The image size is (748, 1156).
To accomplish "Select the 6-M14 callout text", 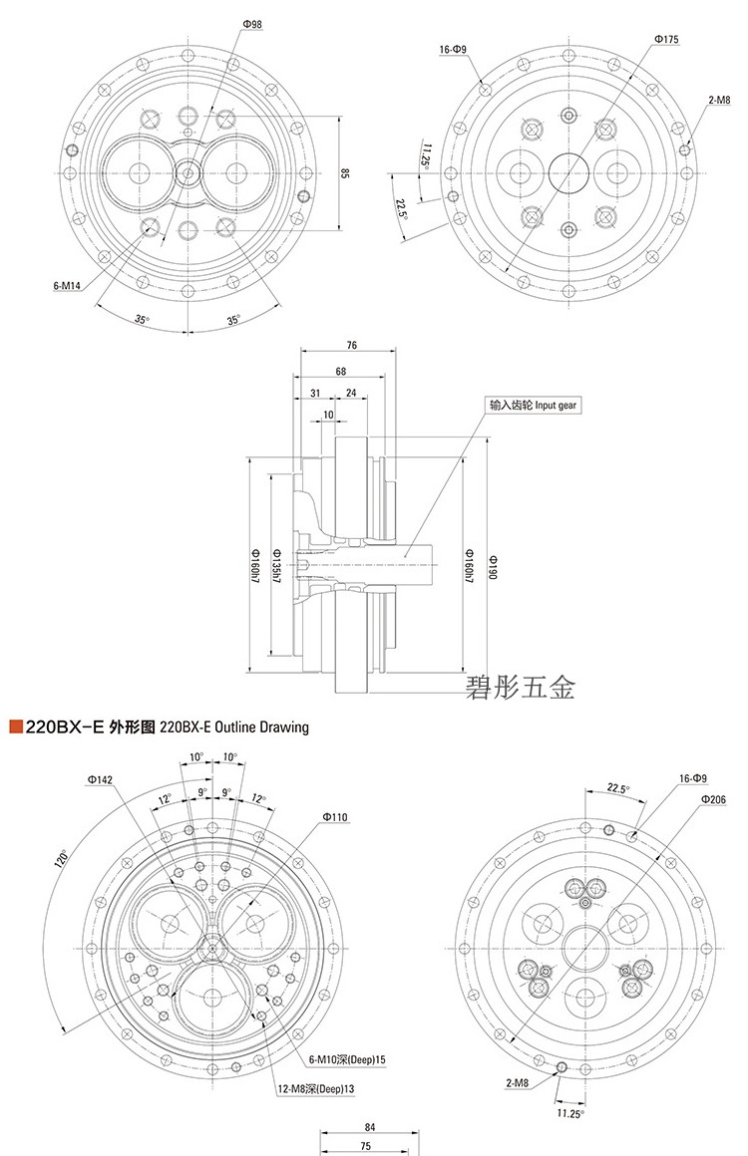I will tap(67, 285).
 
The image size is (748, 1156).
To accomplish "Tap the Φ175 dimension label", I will tap(667, 38).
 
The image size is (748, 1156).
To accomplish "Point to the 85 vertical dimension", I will tap(344, 173).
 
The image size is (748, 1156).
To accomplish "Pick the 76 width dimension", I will tap(352, 346).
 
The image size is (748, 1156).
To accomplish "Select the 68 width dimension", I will tap(341, 372).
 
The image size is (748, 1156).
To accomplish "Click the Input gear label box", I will tap(533, 406).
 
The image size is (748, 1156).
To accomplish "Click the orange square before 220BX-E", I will tap(15, 726).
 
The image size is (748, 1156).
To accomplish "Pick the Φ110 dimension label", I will tap(335, 817).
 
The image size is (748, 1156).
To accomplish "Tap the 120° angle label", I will tap(62, 857).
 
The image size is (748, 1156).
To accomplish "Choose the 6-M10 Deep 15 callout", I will tap(347, 1058).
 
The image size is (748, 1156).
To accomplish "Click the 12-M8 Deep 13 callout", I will tap(317, 1089).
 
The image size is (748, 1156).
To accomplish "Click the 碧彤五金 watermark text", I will tap(522, 687).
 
